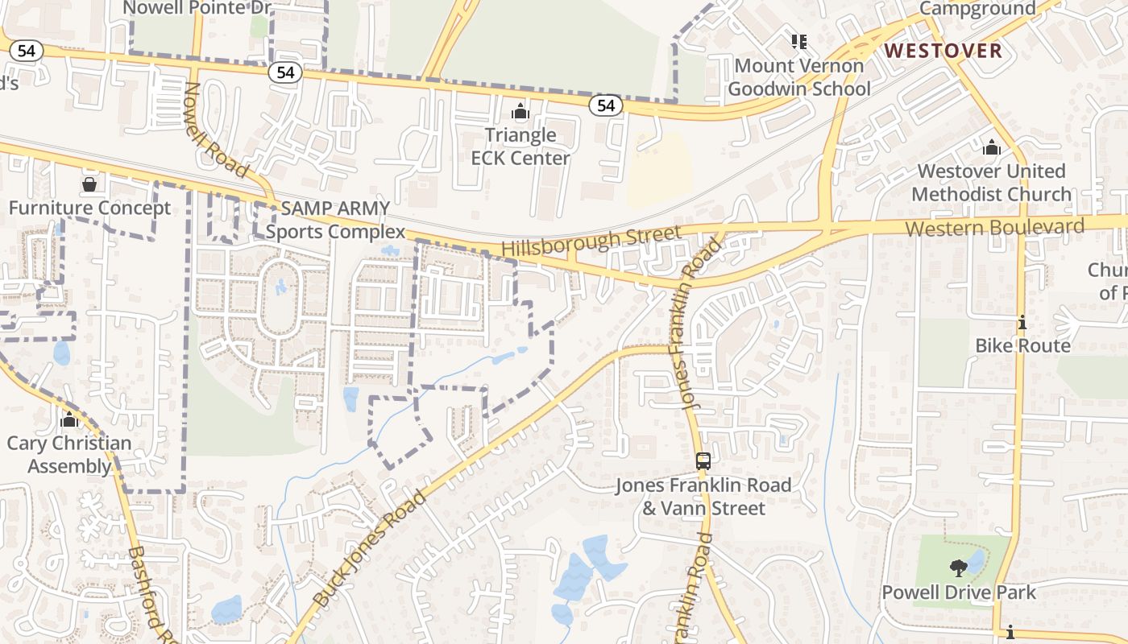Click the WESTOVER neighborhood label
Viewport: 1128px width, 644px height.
[943, 52]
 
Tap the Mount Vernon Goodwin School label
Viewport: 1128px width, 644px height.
[799, 77]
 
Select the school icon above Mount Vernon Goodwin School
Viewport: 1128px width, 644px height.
[799, 41]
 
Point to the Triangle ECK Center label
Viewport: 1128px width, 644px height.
[520, 146]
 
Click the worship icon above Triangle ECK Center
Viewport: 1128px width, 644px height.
[520, 110]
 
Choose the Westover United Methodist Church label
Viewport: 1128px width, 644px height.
[991, 183]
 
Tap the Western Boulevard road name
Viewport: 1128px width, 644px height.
[994, 227]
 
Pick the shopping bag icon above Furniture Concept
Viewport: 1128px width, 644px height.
[89, 185]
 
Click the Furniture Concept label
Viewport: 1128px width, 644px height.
[89, 208]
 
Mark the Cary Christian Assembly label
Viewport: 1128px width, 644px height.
[69, 455]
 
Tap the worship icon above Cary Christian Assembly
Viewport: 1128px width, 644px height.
[69, 419]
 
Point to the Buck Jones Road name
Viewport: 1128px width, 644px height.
[368, 548]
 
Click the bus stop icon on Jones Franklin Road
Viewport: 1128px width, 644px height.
[703, 461]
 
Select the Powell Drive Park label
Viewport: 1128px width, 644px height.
[959, 592]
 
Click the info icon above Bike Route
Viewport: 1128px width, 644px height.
[1022, 323]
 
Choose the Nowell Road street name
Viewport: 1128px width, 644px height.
[216, 130]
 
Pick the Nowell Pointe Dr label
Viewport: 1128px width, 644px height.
[196, 8]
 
